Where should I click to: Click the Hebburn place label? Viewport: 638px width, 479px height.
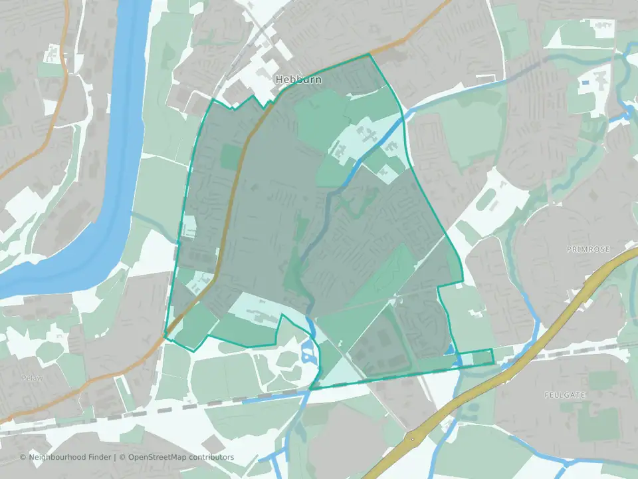pyautogui.click(x=298, y=80)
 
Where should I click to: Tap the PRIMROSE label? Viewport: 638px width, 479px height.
pyautogui.click(x=588, y=249)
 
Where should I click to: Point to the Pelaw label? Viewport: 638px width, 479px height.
pyautogui.click(x=32, y=378)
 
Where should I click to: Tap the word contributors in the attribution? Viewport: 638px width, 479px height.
pyautogui.click(x=211, y=457)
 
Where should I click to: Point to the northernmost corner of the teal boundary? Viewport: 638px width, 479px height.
pyautogui.click(x=369, y=55)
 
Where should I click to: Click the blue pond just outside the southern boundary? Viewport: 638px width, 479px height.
pyautogui.click(x=308, y=353)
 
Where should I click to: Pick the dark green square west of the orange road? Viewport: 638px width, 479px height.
pyautogui.click(x=230, y=157)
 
